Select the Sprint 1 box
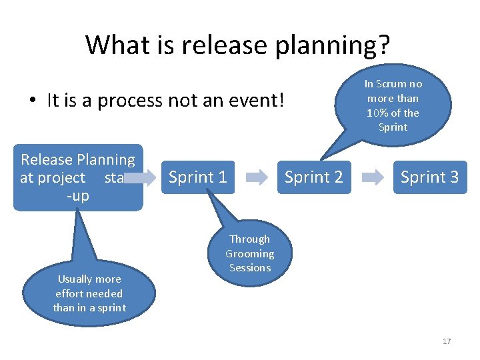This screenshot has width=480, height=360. [x=198, y=177]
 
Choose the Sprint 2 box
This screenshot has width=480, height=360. [x=313, y=177]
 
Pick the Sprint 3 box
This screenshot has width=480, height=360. [x=429, y=177]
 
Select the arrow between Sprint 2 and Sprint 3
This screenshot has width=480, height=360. [x=371, y=177]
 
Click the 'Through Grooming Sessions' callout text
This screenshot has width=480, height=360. [x=249, y=253]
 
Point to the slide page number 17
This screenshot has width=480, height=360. [x=447, y=341]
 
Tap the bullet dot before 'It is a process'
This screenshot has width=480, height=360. [x=32, y=101]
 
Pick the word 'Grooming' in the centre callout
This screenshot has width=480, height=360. [x=249, y=253]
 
